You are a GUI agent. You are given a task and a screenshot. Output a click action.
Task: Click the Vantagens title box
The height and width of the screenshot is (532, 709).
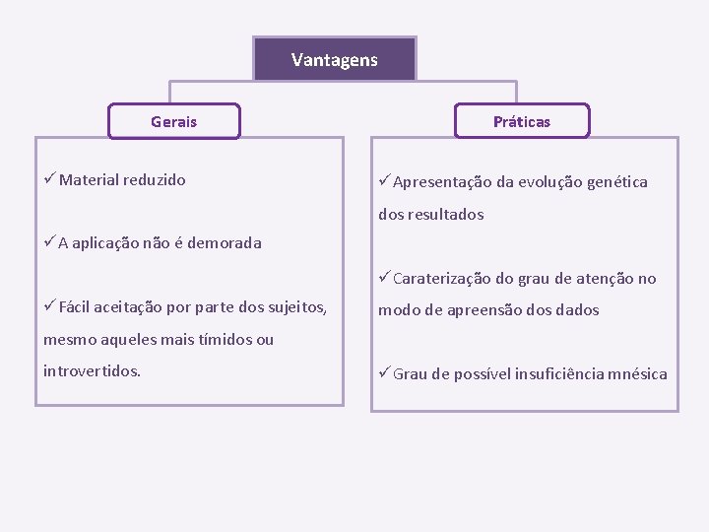point(335,60)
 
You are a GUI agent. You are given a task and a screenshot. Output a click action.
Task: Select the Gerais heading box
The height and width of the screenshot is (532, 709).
point(173,121)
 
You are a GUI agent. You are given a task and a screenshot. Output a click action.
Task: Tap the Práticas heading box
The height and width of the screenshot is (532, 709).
point(522,121)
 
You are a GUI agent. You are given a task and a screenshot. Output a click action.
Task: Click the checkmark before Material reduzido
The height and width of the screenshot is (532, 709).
point(49,178)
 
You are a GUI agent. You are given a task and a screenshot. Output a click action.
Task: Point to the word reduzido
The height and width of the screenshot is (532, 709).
point(155,180)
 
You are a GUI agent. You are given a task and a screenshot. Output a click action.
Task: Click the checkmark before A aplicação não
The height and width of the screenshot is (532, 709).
point(49,242)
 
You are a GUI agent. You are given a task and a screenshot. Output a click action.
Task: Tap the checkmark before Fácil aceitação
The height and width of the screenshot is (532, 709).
point(49,306)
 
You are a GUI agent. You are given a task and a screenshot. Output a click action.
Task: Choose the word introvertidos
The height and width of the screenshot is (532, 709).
point(92,371)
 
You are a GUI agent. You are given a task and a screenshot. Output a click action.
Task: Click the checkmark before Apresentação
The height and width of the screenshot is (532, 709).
point(384,180)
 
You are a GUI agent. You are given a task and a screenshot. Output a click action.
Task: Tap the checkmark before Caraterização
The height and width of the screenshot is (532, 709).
point(384,278)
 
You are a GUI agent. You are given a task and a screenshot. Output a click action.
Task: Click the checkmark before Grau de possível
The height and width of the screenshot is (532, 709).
point(384,372)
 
